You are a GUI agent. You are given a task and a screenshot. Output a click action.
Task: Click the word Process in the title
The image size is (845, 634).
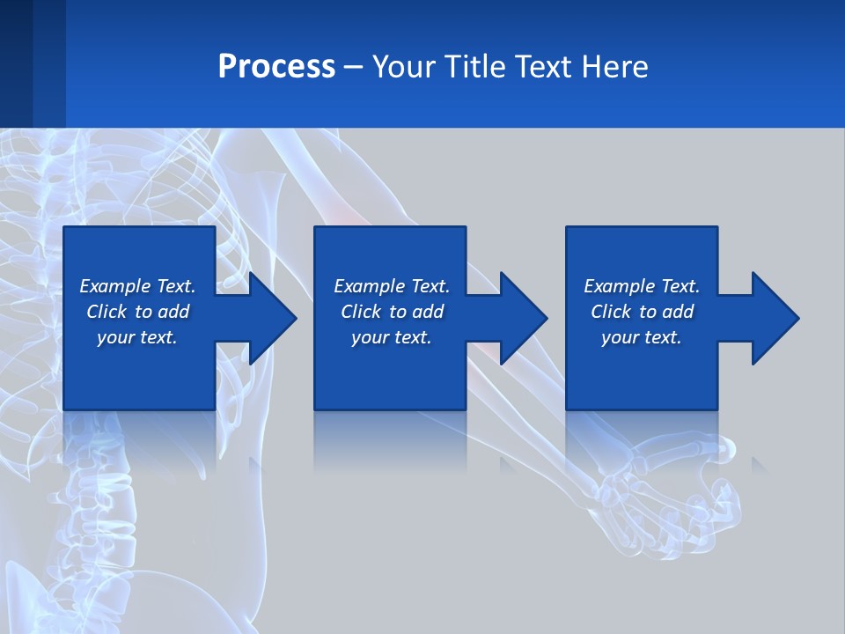pos(276,67)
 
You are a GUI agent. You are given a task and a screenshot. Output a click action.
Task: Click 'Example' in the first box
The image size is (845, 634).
pos(115,286)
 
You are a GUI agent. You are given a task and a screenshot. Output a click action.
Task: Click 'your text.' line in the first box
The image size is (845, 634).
pos(137,337)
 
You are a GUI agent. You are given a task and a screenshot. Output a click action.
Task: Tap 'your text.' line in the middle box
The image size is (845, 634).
pos(391,337)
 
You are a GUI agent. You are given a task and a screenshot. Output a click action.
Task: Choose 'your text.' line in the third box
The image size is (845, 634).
pos(641,337)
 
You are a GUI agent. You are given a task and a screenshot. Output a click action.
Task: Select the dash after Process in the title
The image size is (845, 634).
pos(354,67)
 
